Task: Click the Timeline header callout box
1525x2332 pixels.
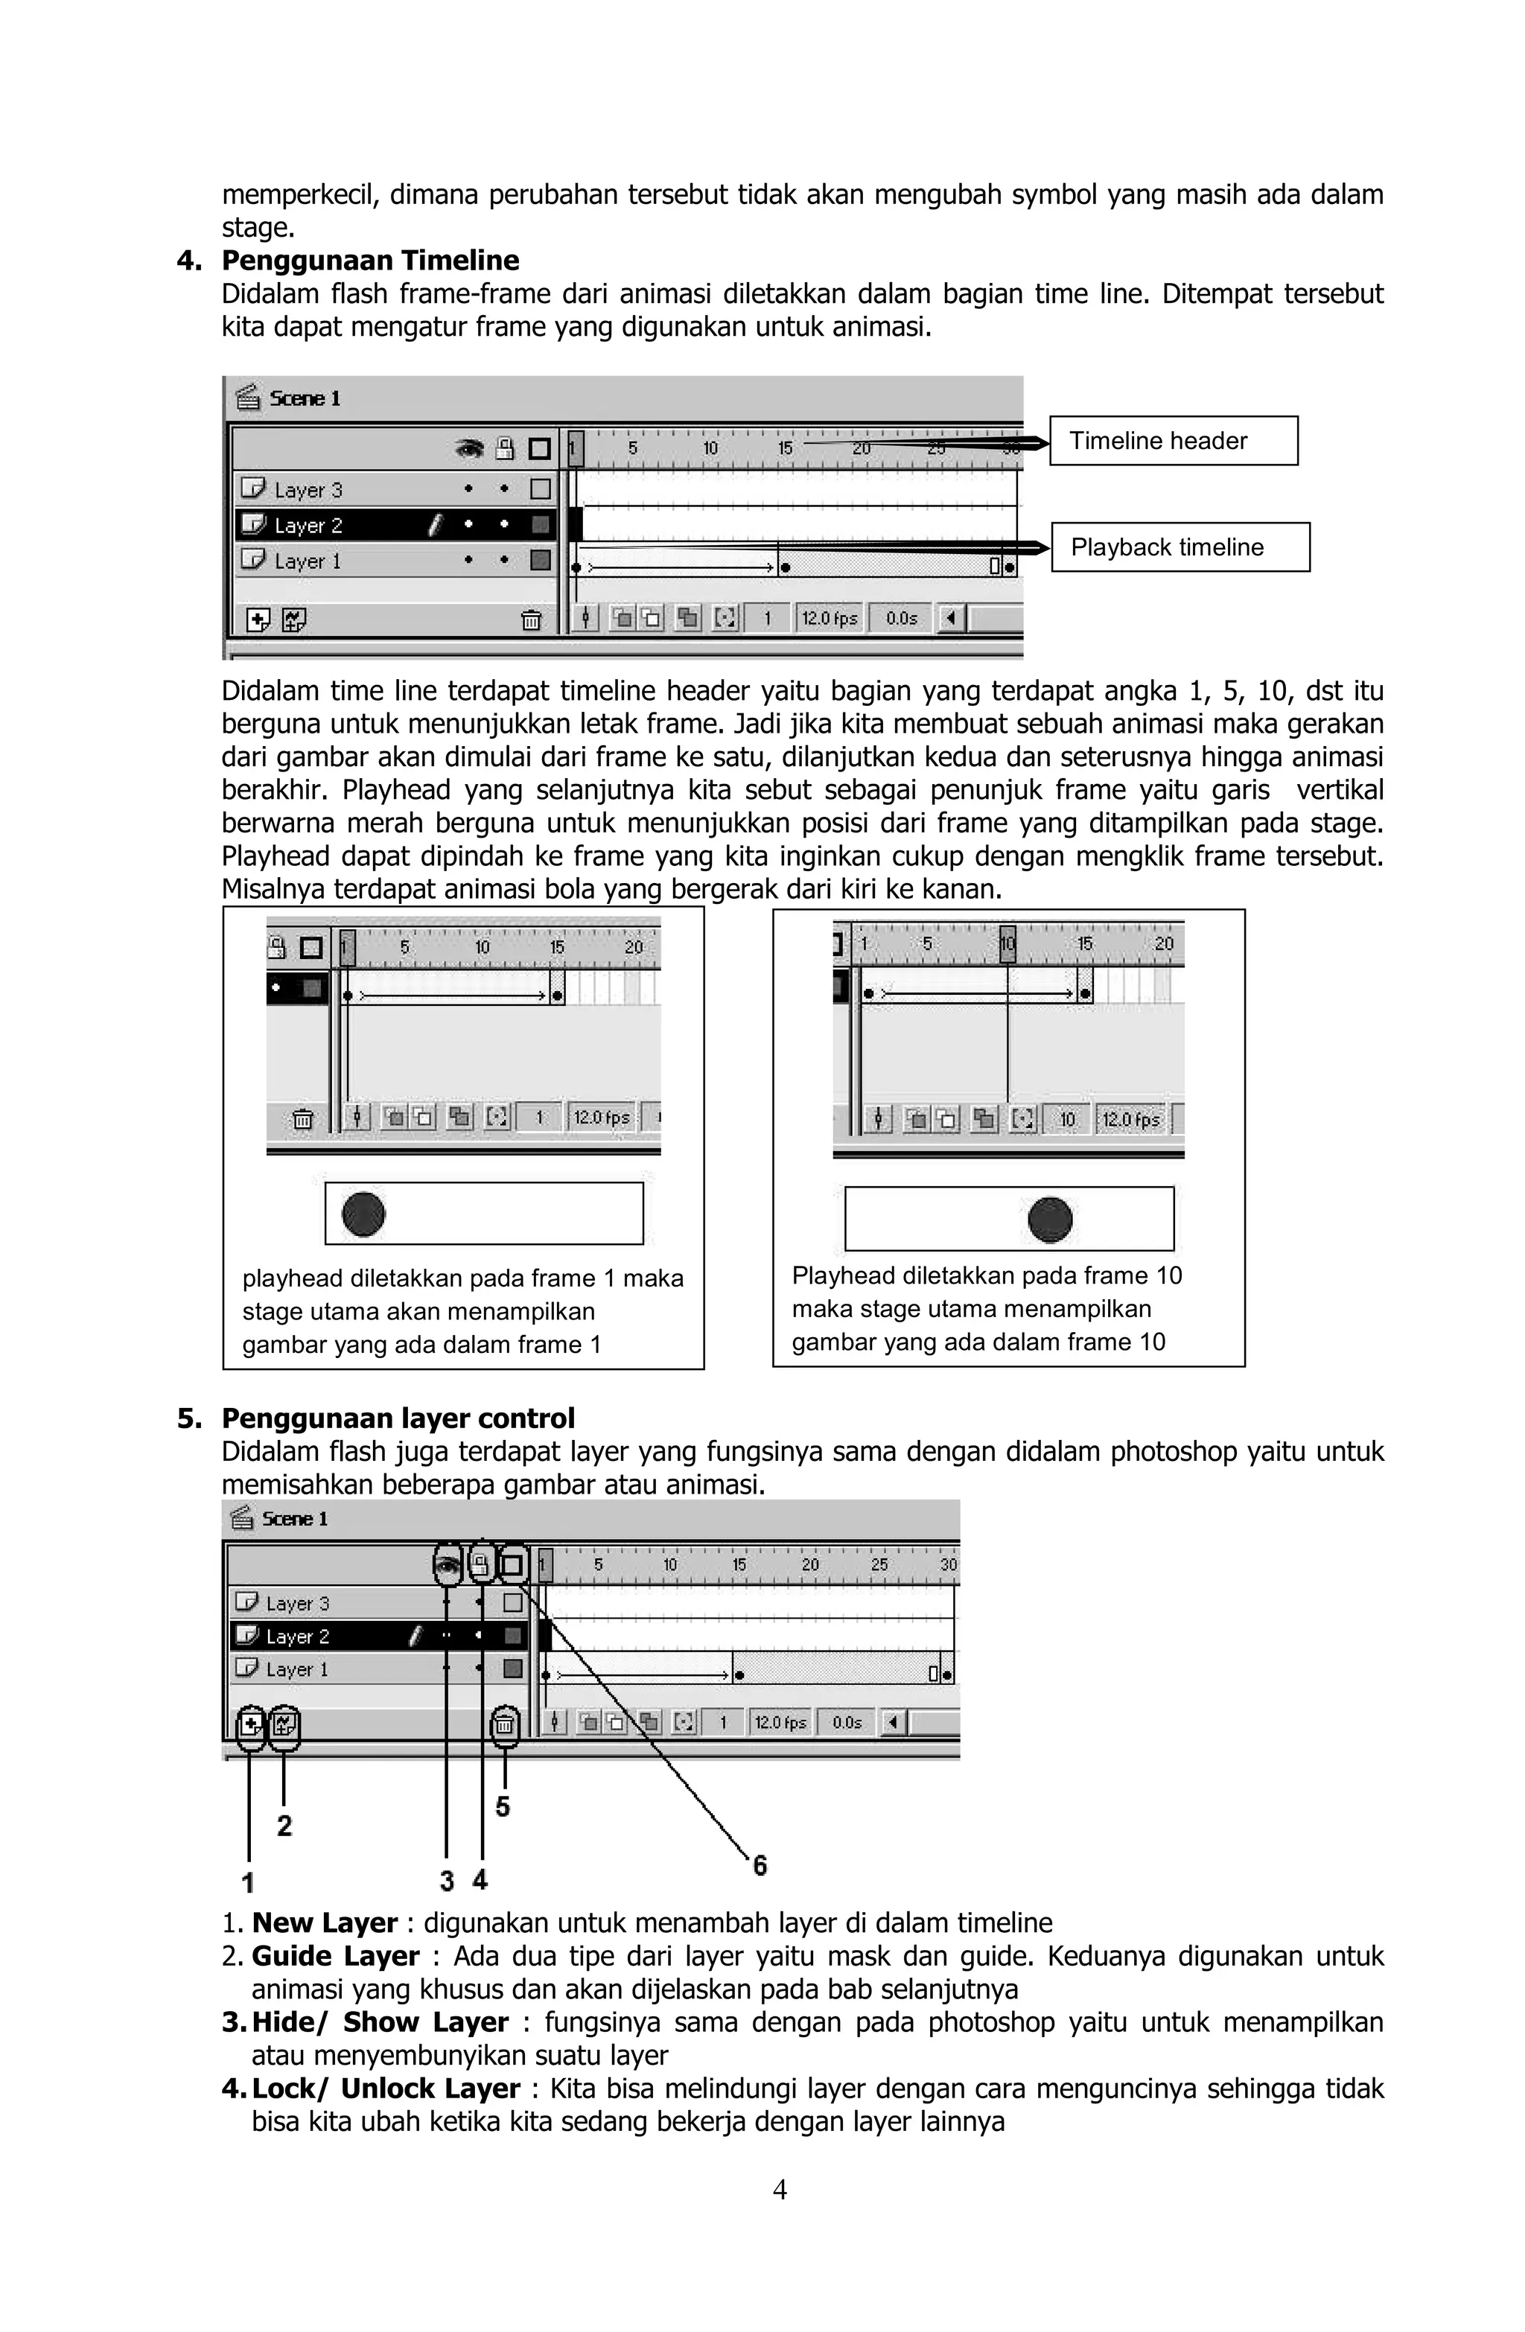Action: click(1172, 441)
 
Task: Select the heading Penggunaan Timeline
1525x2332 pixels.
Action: click(371, 261)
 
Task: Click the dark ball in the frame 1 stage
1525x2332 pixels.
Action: click(363, 1213)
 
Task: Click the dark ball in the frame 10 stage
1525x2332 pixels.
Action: click(1050, 1219)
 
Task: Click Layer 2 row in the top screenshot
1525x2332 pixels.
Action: click(308, 525)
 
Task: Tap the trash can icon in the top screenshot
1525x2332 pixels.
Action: click(530, 619)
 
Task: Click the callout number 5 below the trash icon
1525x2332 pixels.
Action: click(503, 1806)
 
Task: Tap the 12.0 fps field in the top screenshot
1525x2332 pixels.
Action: click(830, 618)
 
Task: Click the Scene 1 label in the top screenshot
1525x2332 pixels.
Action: click(304, 398)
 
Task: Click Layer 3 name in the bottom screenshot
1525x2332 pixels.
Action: click(297, 1603)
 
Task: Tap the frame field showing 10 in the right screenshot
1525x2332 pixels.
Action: click(1067, 1119)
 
